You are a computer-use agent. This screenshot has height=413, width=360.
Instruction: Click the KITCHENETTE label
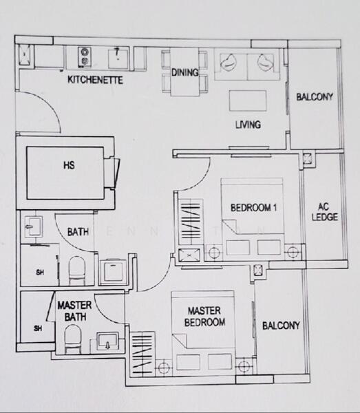click(x=95, y=80)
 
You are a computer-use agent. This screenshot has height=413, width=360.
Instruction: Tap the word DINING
click(x=184, y=72)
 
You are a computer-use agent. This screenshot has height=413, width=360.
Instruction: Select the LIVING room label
click(x=248, y=125)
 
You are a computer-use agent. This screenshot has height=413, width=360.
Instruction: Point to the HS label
click(x=67, y=165)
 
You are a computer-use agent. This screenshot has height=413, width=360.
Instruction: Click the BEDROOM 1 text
click(x=253, y=208)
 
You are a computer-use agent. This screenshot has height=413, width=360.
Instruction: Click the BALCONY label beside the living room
click(x=314, y=97)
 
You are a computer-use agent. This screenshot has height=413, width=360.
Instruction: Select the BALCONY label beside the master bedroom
click(x=281, y=326)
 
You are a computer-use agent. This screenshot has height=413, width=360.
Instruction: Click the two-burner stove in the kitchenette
click(x=85, y=55)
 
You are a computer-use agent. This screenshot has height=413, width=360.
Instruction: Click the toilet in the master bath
click(x=72, y=339)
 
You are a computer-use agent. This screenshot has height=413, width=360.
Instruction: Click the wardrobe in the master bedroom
click(x=142, y=354)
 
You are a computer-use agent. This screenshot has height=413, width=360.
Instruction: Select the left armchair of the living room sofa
click(x=229, y=63)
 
